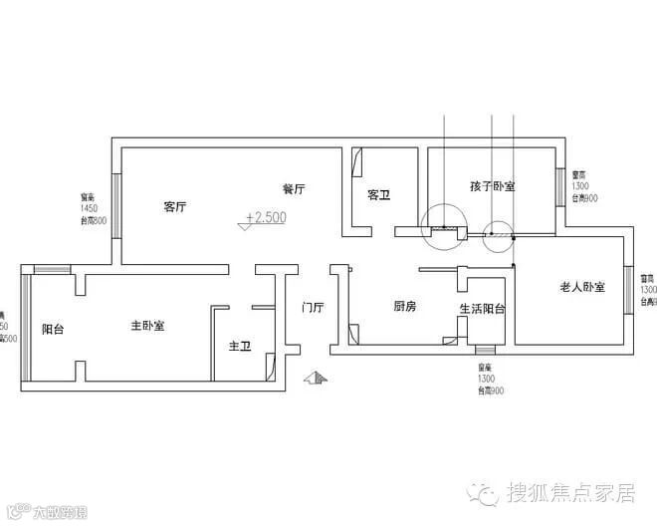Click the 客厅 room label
coord(175,207)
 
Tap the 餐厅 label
coord(293,188)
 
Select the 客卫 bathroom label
coord(378,195)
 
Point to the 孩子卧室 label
coord(492,186)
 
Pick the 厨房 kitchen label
coord(404,307)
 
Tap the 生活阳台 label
coord(482,309)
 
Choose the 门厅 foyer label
coord(313,308)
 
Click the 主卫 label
coord(239,347)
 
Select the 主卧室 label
coord(147,326)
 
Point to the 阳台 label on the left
coord(53,328)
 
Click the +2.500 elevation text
coord(265,217)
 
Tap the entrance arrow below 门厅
coord(316,378)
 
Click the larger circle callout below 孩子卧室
coord(440,227)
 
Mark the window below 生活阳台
coord(486,351)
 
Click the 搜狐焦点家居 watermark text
coord(569,493)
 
